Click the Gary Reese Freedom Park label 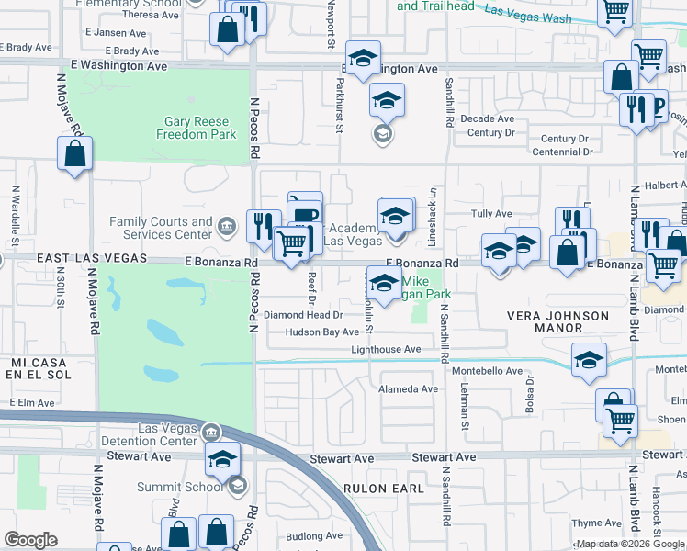(200, 128)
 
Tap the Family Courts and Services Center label (161, 228)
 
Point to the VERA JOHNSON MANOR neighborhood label (558, 321)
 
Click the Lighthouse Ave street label (386, 349)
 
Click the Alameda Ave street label (409, 388)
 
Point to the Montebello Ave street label (487, 370)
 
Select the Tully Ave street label (490, 214)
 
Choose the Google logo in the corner (31, 540)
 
